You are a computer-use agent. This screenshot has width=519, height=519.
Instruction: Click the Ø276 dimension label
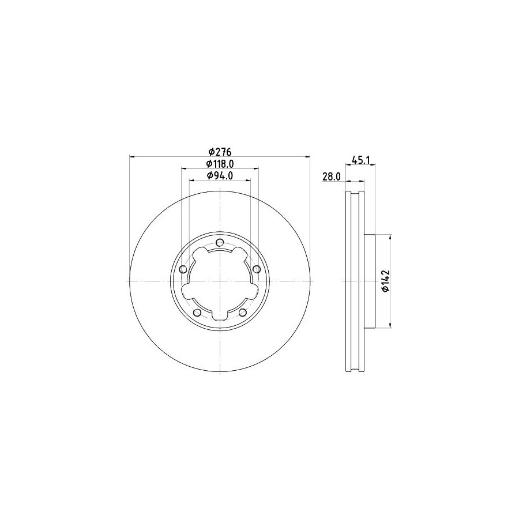(x=220, y=152)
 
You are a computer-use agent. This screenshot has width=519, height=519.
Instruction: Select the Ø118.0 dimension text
(x=220, y=164)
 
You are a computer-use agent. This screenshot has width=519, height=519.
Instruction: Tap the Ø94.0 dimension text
(x=220, y=176)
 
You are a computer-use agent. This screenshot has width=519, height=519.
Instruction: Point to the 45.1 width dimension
(x=360, y=160)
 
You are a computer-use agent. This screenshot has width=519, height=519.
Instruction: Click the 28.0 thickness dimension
(x=332, y=177)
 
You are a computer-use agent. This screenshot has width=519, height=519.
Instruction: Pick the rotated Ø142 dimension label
(x=386, y=281)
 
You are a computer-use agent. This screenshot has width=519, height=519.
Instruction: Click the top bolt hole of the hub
(x=220, y=243)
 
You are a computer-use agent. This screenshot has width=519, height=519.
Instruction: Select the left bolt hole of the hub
(x=183, y=269)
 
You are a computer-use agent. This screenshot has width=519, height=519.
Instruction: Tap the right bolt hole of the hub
(x=257, y=269)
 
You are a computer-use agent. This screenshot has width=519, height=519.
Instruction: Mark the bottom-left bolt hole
(x=197, y=313)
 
